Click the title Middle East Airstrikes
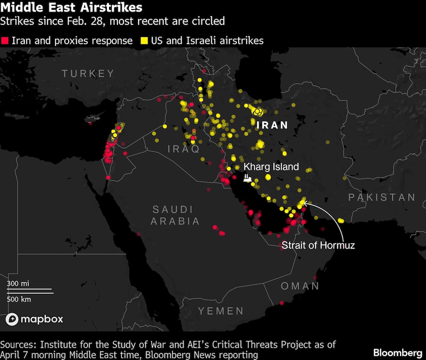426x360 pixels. pos(71,8)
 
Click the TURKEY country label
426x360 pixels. pos(88,74)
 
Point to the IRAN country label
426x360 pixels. pos(272,125)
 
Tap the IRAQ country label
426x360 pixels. pos(184,149)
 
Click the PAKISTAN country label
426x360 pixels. pos(382,197)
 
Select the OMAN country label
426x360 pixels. pos(300,286)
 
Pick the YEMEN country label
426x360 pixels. pos(221,311)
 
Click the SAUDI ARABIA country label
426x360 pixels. pos(175,215)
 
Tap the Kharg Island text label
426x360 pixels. pos(271,167)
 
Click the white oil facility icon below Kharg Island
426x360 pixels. pos(247,178)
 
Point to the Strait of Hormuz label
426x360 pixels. pos(318,245)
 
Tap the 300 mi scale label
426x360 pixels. pos(18,283)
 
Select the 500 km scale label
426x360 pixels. pos(19,299)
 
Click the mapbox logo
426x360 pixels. pos(35,319)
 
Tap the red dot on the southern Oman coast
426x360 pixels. pos(282,303)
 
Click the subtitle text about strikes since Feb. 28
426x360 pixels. pos(112,20)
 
